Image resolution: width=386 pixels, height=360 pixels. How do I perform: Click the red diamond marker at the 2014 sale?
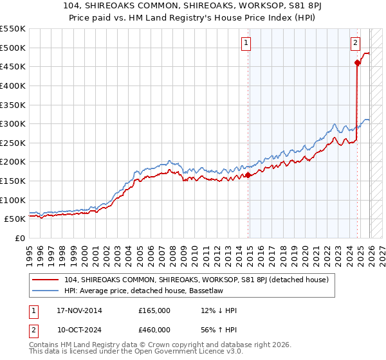248,175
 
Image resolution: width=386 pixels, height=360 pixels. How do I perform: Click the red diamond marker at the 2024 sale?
357,62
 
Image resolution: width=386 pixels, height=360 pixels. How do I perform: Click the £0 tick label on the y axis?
19,238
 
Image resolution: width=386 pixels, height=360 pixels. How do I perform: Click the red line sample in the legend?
46,280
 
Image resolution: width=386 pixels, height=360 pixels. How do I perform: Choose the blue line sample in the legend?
46,291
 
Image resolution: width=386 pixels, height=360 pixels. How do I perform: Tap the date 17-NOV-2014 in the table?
79,310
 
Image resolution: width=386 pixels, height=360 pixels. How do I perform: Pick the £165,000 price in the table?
154,310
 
